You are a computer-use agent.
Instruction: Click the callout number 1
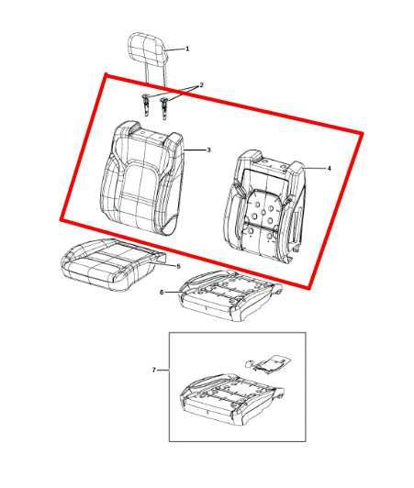click(x=187, y=48)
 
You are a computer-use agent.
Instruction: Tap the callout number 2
click(x=201, y=85)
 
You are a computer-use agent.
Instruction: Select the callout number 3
click(x=208, y=150)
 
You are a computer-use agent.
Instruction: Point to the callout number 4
click(x=329, y=168)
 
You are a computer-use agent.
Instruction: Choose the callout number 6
click(x=162, y=293)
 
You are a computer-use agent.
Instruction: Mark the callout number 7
click(x=153, y=370)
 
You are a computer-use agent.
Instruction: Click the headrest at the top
click(x=148, y=45)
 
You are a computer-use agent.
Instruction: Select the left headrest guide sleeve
click(x=147, y=103)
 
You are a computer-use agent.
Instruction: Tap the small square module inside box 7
click(x=266, y=362)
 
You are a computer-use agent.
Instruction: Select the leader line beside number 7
click(x=162, y=370)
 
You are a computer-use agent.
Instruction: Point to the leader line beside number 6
click(x=173, y=293)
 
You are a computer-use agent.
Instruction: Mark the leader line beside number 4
click(x=315, y=168)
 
